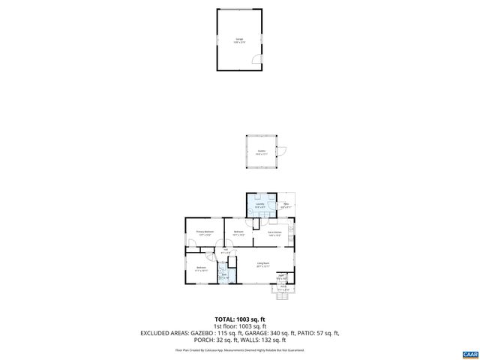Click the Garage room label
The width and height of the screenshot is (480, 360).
click(239, 38)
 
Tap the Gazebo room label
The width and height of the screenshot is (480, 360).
click(261, 151)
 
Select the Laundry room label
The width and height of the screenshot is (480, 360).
click(259, 204)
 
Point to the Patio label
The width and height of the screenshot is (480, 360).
click(286, 204)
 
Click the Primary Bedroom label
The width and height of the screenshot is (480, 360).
click(205, 232)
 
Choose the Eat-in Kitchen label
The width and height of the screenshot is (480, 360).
click(274, 232)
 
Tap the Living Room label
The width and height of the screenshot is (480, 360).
click(262, 263)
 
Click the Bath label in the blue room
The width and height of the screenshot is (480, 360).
click(223, 275)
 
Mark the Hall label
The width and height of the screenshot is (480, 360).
click(224, 250)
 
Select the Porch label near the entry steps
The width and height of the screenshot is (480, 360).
click(283, 286)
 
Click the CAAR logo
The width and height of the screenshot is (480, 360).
click(469, 352)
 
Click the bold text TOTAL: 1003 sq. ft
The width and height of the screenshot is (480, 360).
click(239, 319)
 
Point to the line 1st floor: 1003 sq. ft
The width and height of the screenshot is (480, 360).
click(239, 326)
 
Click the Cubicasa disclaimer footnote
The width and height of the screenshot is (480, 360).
click(239, 350)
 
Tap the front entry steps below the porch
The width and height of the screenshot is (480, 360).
click(283, 295)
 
